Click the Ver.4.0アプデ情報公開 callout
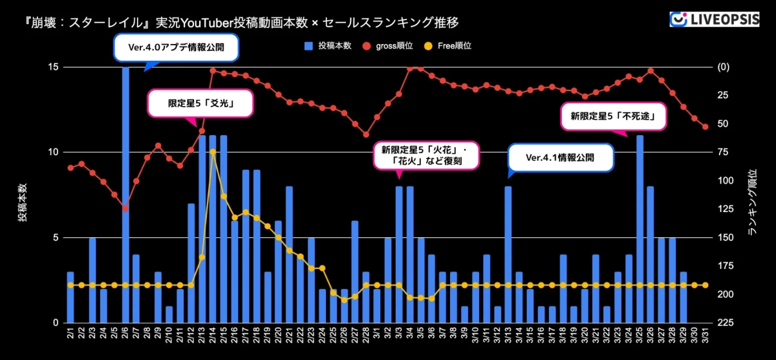click(x=177, y=47)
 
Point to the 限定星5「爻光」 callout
click(x=200, y=103)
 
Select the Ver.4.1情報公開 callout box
click(x=559, y=157)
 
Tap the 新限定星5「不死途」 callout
click(x=613, y=117)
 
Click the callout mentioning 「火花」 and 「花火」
click(x=426, y=156)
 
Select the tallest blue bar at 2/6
click(x=125, y=194)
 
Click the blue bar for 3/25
click(x=640, y=229)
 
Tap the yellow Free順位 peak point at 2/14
click(x=213, y=151)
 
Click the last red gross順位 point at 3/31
click(x=706, y=127)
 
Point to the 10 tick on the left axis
click(x=54, y=153)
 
